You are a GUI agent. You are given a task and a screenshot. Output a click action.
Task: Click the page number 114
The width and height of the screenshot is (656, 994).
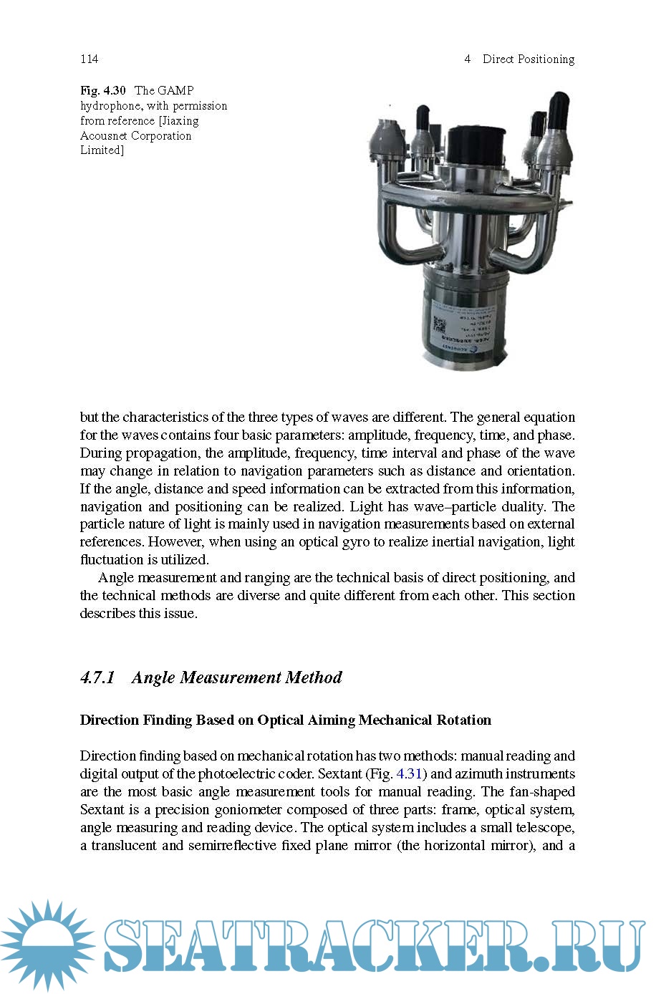pos(89,59)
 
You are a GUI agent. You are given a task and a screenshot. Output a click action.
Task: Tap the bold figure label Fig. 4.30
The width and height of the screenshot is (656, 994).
pos(102,90)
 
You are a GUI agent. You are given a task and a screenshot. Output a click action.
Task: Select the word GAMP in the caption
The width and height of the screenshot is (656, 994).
pos(175,90)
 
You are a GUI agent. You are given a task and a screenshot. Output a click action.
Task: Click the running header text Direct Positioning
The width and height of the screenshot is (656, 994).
pos(528,59)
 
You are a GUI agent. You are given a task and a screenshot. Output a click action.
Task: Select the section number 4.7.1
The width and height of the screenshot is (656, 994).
pos(97,677)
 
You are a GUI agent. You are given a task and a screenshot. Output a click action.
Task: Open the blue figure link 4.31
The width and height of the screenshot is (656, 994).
pos(409,773)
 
